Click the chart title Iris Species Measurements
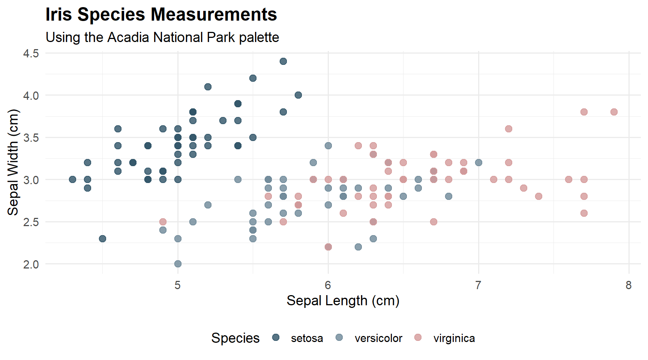pyautogui.click(x=161, y=15)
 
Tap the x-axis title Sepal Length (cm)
pyautogui.click(x=343, y=301)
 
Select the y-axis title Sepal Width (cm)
pyautogui.click(x=13, y=162)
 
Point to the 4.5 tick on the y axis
pyautogui.click(x=31, y=53)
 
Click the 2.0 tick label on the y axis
pyautogui.click(x=31, y=264)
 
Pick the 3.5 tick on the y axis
pyautogui.click(x=31, y=138)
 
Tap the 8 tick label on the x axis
pyautogui.click(x=628, y=285)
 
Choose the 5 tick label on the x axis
pyautogui.click(x=177, y=285)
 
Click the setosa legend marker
pyautogui.click(x=276, y=337)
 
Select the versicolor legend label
pyautogui.click(x=378, y=338)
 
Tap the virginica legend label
pyautogui.click(x=454, y=338)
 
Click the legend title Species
pyautogui.click(x=235, y=338)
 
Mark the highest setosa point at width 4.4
pyautogui.click(x=283, y=61)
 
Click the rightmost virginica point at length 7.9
pyautogui.click(x=614, y=112)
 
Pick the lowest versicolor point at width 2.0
pyautogui.click(x=178, y=264)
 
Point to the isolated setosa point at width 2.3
pyautogui.click(x=102, y=238)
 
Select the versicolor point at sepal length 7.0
pyautogui.click(x=478, y=162)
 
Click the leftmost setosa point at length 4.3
pyautogui.click(x=72, y=179)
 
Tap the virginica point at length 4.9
pyautogui.click(x=163, y=222)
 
